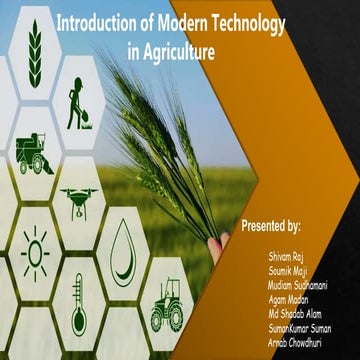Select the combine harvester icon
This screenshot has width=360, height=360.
pyautogui.click(x=33, y=153)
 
